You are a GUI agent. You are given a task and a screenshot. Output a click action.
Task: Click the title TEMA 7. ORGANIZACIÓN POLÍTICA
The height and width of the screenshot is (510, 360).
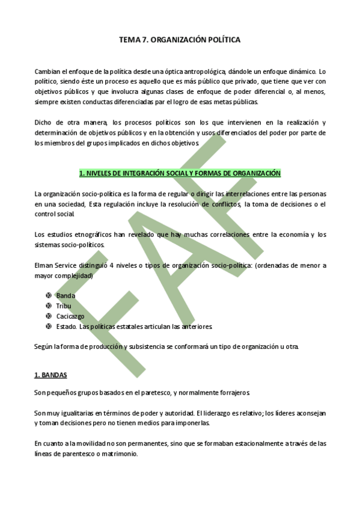point(180,40)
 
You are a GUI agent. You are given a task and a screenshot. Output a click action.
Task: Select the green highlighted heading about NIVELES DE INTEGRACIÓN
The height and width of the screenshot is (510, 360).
point(180,173)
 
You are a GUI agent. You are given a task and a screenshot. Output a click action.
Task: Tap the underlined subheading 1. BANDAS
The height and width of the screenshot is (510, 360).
point(50,375)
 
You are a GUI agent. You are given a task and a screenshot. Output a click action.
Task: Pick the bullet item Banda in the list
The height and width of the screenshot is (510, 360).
point(66,296)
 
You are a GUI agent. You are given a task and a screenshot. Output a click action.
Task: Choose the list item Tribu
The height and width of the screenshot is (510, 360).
point(64,306)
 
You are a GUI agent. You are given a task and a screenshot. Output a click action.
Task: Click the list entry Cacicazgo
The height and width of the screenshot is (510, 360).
point(70,316)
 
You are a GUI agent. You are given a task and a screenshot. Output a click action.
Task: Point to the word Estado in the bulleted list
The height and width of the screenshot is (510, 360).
point(66,327)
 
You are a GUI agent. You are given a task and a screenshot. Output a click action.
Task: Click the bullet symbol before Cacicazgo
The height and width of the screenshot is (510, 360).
point(48,316)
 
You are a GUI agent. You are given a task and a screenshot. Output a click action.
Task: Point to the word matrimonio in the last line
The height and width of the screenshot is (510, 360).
point(120,454)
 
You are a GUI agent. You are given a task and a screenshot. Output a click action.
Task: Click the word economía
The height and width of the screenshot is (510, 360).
point(290,235)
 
